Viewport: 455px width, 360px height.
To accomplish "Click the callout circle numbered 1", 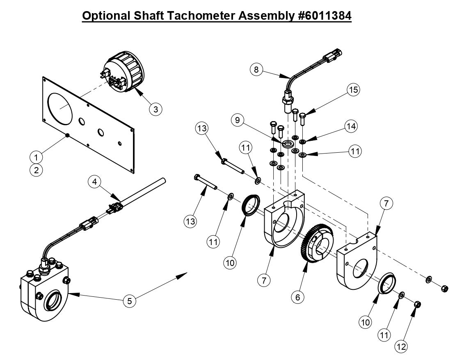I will point(36,157).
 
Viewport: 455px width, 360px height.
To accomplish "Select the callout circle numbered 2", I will point(36,170).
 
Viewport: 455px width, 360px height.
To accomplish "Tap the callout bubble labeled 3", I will point(155,109).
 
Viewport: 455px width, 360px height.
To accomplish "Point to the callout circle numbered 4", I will point(94,181).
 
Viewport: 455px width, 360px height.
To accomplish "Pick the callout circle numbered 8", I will point(256,69).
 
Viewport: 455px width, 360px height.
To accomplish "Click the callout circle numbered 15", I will point(353,89).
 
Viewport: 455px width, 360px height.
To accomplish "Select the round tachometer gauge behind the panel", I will point(123,74).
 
